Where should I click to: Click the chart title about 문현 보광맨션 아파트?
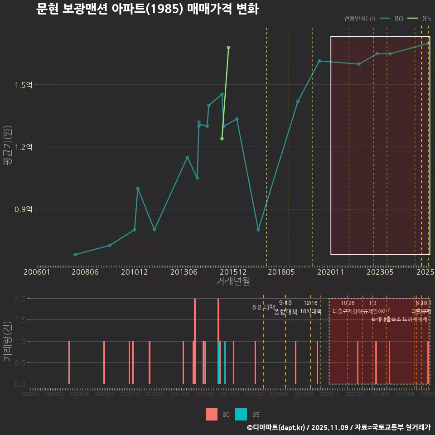coord(147,10)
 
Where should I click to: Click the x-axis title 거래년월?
coord(233,281)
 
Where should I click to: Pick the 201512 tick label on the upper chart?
coord(233,272)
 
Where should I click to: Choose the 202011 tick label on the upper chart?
coord(331,272)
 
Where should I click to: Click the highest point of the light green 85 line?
coord(228,48)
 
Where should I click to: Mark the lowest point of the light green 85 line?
coord(222,139)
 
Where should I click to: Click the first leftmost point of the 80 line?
coord(75,255)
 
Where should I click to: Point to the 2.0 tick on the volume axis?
coord(20,299)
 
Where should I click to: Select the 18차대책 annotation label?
coord(310,311)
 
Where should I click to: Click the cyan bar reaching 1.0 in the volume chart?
coord(225,362)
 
